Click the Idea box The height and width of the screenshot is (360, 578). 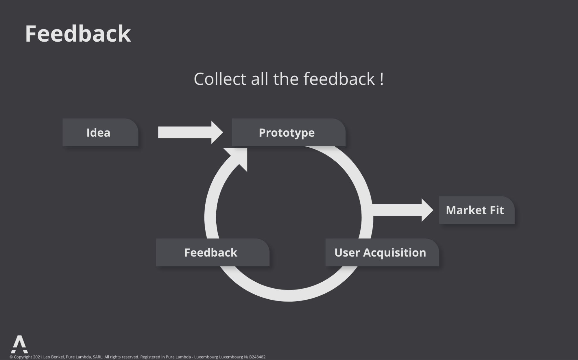click(100, 132)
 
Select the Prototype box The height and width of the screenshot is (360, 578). click(289, 132)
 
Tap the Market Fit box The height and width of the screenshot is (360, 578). click(477, 210)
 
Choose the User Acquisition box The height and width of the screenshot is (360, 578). click(382, 252)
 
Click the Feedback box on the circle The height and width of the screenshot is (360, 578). click(213, 252)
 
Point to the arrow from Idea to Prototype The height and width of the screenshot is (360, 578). click(191, 132)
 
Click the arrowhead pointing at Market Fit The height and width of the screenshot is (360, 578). click(427, 210)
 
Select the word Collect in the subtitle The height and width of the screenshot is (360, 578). click(220, 79)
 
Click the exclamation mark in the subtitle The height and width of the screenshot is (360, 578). click(382, 79)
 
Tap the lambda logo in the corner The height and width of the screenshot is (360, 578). click(19, 344)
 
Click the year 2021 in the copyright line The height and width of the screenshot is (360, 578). click(38, 357)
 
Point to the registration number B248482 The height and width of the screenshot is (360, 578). click(257, 357)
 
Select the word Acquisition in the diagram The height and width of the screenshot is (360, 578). click(394, 253)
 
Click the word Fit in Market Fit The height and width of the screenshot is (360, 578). click(497, 210)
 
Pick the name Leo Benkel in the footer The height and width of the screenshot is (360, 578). click(53, 357)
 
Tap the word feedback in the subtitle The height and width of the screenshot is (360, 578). click(339, 79)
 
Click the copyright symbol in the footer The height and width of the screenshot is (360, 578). click(11, 357)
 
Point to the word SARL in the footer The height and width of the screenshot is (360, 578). click(97, 357)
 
